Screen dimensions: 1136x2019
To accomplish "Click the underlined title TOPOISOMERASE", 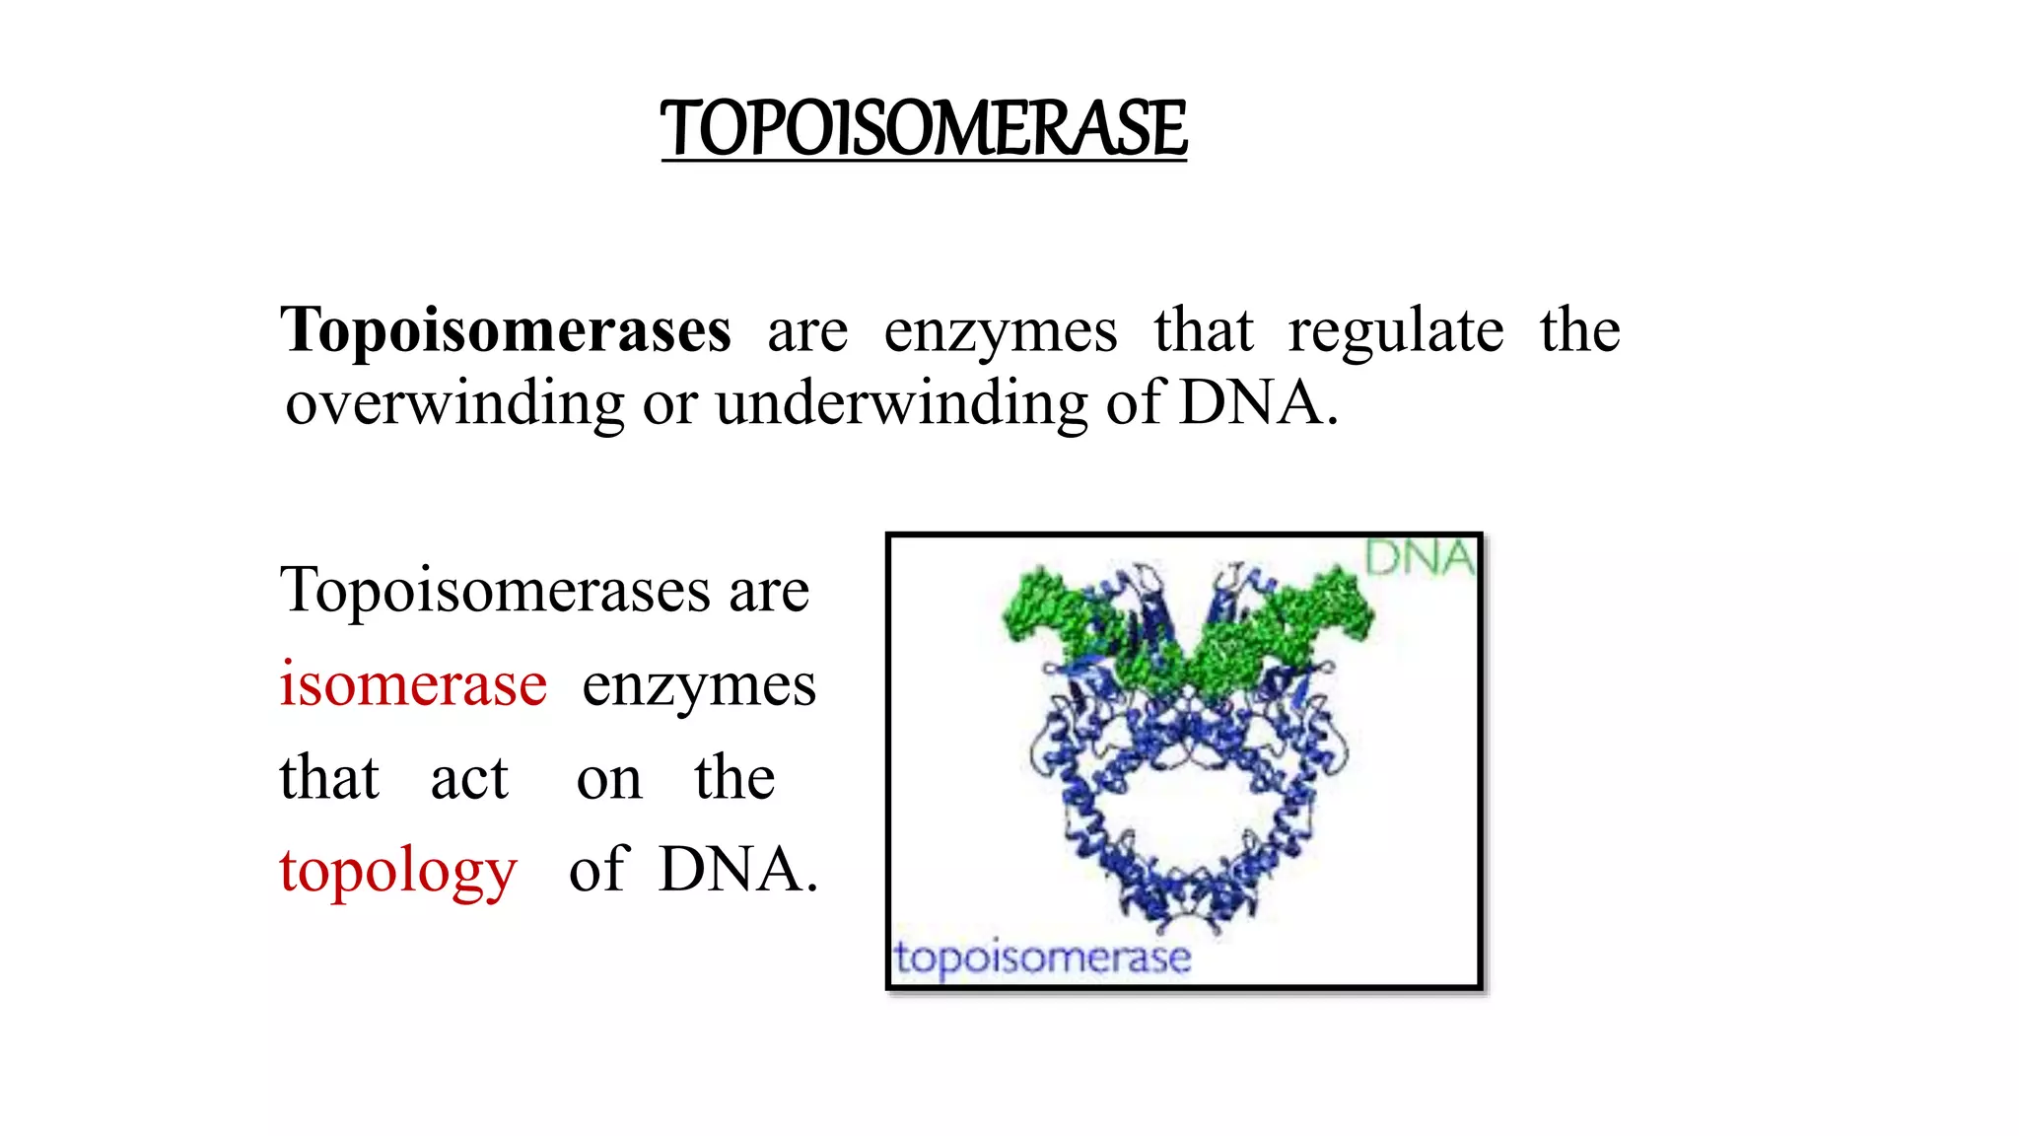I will coord(924,129).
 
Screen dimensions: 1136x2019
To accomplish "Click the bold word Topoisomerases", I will coord(506,330).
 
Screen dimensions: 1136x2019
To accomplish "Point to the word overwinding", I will coord(454,404).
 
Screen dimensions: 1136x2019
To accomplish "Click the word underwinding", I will coord(901,404).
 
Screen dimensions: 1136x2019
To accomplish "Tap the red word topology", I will coord(398,872).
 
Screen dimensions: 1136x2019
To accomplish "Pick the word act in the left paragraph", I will coord(469,778).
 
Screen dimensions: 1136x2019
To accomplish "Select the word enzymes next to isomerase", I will coord(699,685).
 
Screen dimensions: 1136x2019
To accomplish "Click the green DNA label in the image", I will coord(1419,558).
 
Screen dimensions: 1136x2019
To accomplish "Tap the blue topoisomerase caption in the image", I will coord(1042,958).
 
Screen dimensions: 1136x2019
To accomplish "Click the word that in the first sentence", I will coord(1203,330).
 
